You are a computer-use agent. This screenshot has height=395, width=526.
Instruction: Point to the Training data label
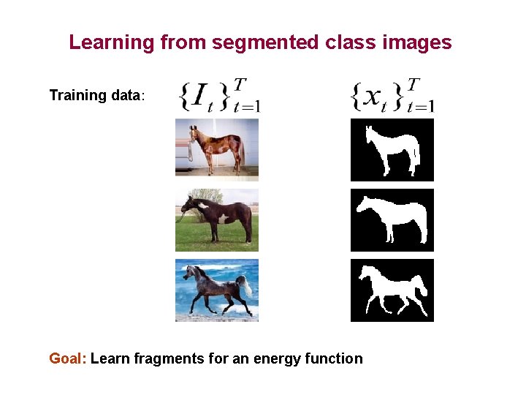pyautogui.click(x=97, y=96)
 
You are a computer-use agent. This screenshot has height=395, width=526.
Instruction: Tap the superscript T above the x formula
pyautogui.click(x=414, y=84)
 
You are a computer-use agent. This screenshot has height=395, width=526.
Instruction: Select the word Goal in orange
pyautogui.click(x=67, y=358)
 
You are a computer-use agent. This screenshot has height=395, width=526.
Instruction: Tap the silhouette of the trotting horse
pyautogui.click(x=392, y=288)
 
